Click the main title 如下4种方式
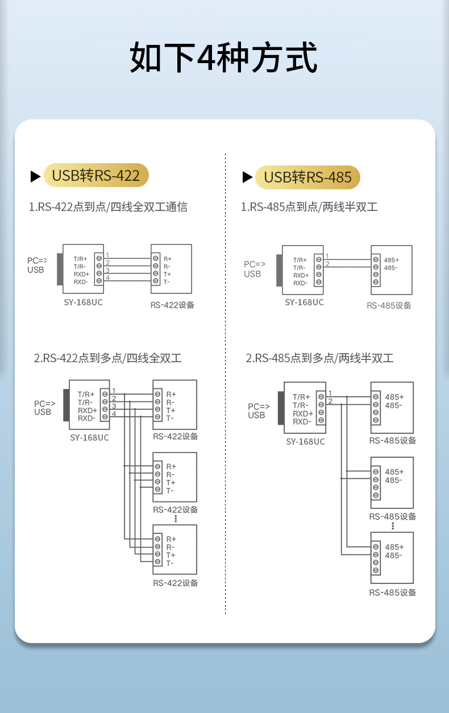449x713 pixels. (223, 57)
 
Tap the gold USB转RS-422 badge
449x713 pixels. (96, 175)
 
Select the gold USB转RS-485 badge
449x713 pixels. (307, 177)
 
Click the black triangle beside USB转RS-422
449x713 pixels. (35, 176)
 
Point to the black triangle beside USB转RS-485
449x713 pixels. (247, 177)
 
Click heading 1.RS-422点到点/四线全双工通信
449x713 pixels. (108, 207)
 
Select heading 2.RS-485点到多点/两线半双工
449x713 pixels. (319, 358)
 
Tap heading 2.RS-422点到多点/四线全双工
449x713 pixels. (107, 358)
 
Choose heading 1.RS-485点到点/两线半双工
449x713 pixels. (309, 207)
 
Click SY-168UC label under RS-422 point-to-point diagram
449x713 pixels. (84, 302)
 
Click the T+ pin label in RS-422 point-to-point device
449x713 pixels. (168, 274)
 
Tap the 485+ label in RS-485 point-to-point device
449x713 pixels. (392, 260)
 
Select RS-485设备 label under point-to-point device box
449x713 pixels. (389, 305)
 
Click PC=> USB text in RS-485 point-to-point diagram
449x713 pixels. (255, 269)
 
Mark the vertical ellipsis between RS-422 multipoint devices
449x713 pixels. (176, 519)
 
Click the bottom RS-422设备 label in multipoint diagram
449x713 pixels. (175, 583)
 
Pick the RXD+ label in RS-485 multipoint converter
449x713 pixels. (303, 413)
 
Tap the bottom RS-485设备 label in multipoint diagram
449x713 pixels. (393, 592)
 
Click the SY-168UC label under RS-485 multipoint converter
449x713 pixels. (305, 441)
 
